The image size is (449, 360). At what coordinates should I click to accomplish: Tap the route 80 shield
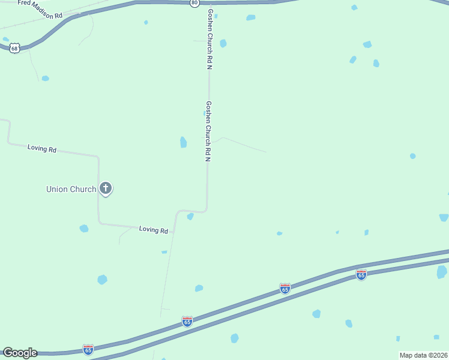[x=194, y=3]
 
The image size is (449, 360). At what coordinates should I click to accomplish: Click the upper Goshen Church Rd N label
[x=210, y=39]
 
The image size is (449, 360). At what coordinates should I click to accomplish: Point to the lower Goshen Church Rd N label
[x=209, y=131]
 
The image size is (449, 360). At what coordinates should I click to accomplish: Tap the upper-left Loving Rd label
[x=41, y=148]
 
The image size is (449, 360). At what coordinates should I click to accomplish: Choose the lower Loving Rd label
[x=153, y=229]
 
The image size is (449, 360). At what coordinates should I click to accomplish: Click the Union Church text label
[x=71, y=189]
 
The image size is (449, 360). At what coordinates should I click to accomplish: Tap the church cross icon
[x=106, y=189]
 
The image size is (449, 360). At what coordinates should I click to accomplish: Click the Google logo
[x=20, y=353]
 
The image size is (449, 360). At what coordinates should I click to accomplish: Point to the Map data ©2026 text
[x=423, y=355]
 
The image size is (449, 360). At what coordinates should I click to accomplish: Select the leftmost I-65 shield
[x=88, y=349]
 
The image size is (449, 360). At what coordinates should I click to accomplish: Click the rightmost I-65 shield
[x=361, y=275]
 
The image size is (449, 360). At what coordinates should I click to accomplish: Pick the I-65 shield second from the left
[x=187, y=322]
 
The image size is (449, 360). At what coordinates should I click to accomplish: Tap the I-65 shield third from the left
[x=285, y=289]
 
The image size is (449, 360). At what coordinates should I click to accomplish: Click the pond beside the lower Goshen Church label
[x=183, y=142]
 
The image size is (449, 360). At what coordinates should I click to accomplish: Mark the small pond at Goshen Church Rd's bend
[x=190, y=216]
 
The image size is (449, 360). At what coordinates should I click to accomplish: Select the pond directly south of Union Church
[x=84, y=229]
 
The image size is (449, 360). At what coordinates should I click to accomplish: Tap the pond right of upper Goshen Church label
[x=223, y=43]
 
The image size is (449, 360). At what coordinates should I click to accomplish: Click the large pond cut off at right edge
[x=442, y=272]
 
